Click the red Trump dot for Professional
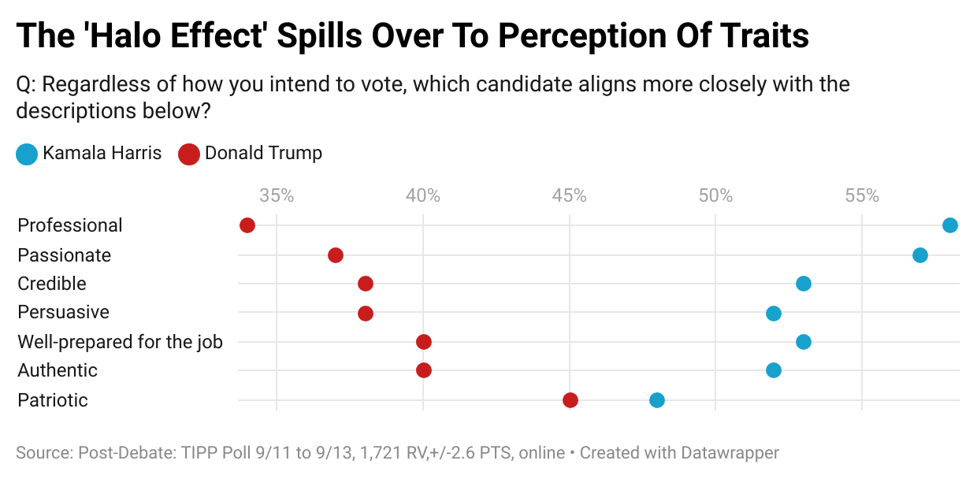click(x=247, y=225)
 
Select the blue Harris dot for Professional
click(x=950, y=225)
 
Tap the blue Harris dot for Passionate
click(x=920, y=255)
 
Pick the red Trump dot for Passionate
click(x=336, y=255)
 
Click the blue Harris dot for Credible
click(x=804, y=284)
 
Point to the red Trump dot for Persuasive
click(x=366, y=314)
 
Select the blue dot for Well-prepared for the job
click(x=804, y=342)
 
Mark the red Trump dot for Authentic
click(x=424, y=370)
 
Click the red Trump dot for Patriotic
click(x=570, y=400)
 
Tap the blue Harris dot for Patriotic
click(x=657, y=400)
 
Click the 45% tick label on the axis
click(x=570, y=195)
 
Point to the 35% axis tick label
click(x=277, y=195)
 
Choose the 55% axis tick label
click(x=862, y=195)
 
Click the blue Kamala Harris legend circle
click(x=27, y=154)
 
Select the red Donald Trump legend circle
click(x=188, y=154)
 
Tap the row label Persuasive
click(x=63, y=312)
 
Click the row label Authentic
click(x=58, y=370)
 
